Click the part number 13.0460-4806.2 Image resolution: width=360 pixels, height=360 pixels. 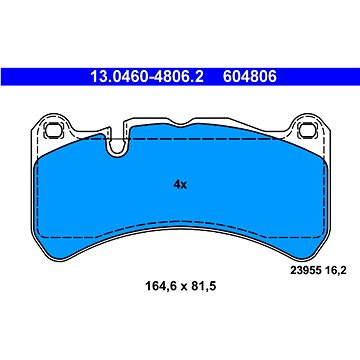[x=147, y=77]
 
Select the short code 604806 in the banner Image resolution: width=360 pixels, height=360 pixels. [x=250, y=77]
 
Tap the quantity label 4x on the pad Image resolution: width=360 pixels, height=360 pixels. [x=180, y=184]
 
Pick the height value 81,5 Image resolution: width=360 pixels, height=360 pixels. [x=204, y=286]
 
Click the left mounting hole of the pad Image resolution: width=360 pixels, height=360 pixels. [x=52, y=130]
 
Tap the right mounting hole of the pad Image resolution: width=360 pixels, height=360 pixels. [x=307, y=130]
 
